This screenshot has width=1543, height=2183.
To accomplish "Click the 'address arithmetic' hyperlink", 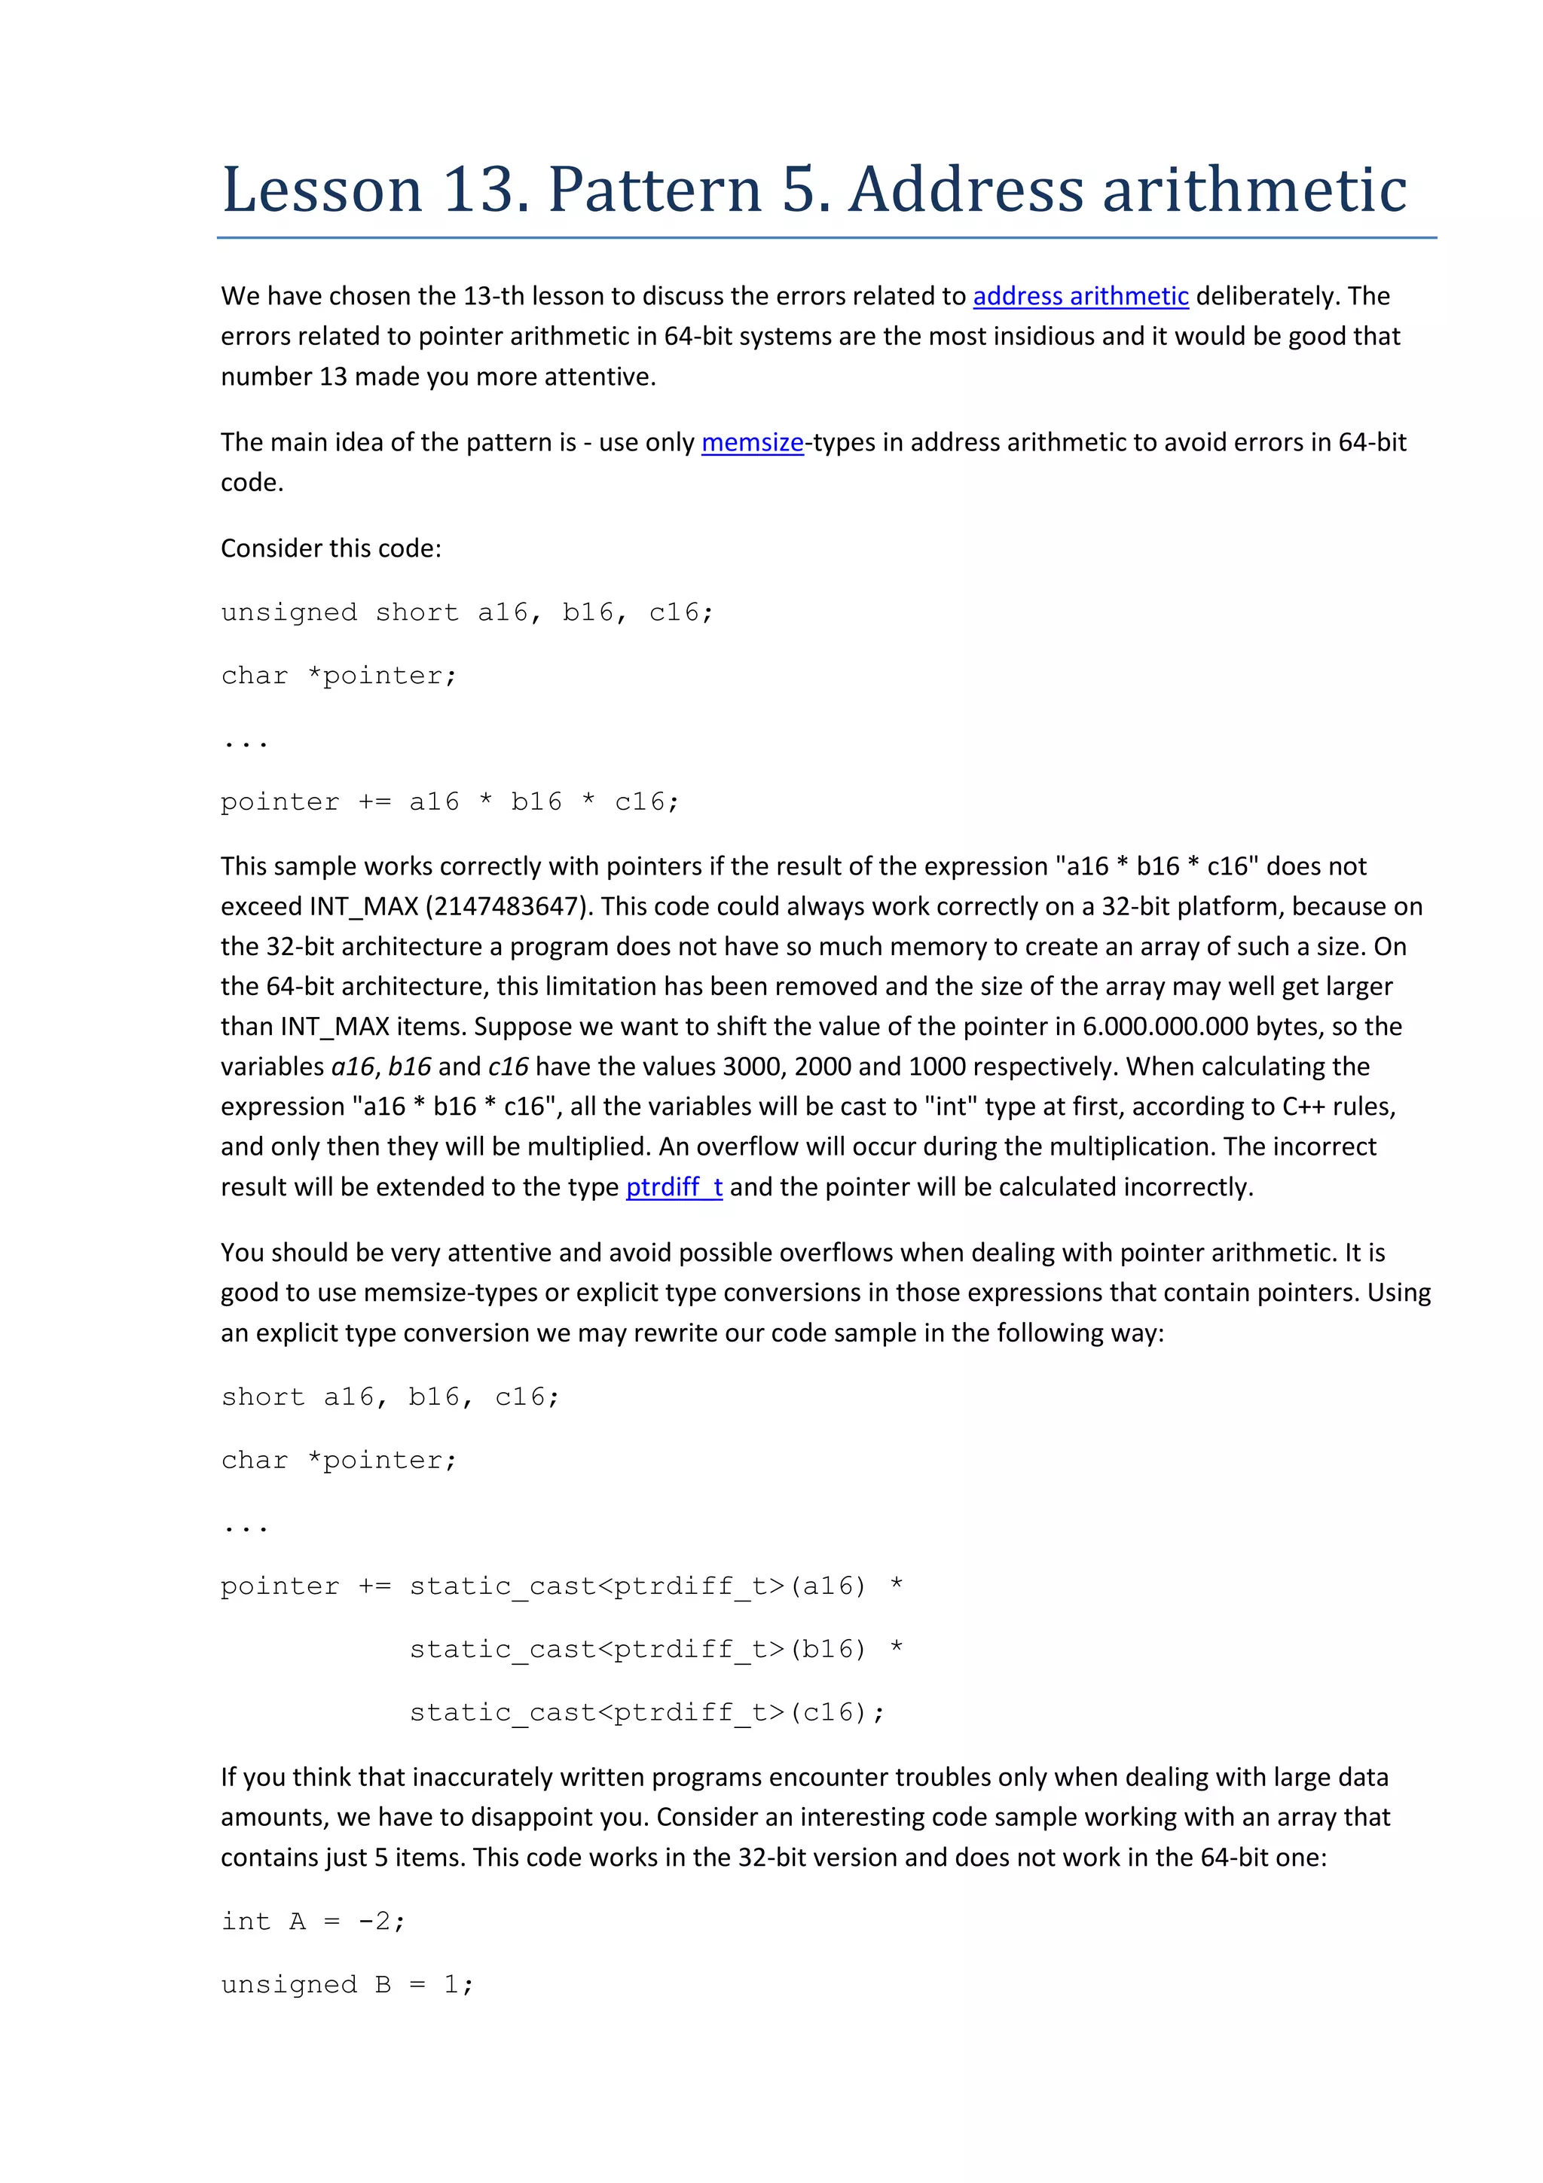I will (1080, 296).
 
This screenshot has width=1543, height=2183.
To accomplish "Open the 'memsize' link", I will (752, 442).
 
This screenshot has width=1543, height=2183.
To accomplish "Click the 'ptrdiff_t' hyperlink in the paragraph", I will (674, 1186).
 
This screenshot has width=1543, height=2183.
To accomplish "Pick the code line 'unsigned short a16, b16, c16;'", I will (467, 612).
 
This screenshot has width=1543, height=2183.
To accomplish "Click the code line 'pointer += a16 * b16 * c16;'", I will (450, 801).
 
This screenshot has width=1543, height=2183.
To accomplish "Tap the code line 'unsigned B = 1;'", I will (347, 1984).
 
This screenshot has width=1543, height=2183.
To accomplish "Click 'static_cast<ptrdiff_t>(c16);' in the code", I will (646, 1712).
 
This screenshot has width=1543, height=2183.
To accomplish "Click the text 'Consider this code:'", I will (331, 548).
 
